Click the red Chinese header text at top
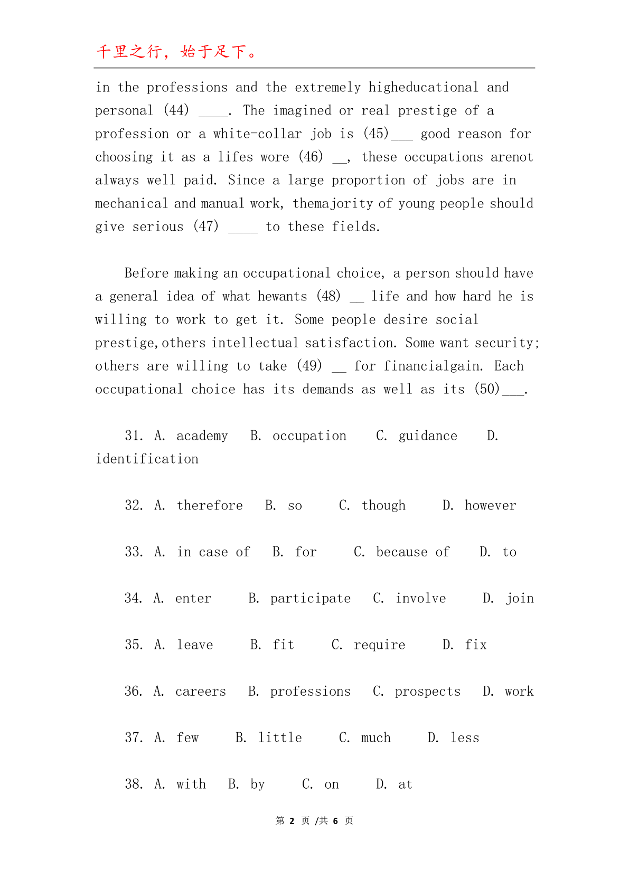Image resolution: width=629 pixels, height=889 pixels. point(176,52)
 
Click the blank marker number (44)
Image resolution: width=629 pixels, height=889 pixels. point(176,110)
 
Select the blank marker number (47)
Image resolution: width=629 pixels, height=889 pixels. point(205,226)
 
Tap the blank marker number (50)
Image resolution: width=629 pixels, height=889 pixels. point(486,389)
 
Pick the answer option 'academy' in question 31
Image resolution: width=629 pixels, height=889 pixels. point(202,436)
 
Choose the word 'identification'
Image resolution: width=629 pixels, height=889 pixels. point(147,459)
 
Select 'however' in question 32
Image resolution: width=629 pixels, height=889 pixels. point(490,505)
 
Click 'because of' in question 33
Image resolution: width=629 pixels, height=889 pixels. point(412,552)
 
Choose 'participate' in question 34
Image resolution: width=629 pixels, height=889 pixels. point(311,598)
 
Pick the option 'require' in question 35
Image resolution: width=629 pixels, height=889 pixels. point(379,645)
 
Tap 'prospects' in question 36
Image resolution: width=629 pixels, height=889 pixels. point(428,691)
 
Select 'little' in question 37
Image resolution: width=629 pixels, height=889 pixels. point(280,737)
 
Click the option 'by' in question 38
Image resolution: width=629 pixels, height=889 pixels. point(257,784)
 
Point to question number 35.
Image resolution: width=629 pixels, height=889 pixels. point(134,645)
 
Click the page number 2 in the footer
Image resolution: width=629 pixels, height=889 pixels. point(291,821)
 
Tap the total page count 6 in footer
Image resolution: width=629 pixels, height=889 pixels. point(335,821)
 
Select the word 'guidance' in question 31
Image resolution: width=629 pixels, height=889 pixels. point(428,436)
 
